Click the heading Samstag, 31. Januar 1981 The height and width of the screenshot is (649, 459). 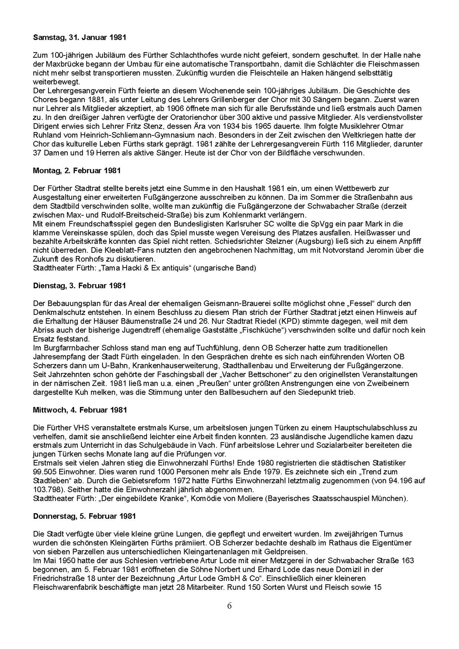[80, 37]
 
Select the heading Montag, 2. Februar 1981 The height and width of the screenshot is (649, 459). [77, 171]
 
